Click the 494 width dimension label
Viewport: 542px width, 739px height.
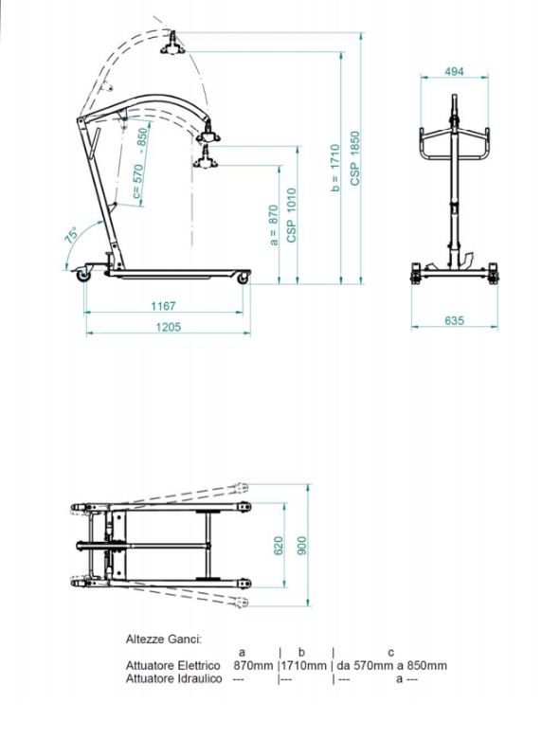pos(454,71)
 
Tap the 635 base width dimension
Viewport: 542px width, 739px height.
pos(454,320)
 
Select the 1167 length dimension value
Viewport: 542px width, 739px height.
pos(163,306)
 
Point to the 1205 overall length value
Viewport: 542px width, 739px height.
pos(169,327)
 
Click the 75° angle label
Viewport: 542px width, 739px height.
pos(71,235)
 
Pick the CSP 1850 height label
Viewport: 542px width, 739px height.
pos(355,158)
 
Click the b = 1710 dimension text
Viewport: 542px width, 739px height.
pos(335,168)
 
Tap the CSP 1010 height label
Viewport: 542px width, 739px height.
pos(292,215)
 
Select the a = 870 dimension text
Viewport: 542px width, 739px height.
pos(273,225)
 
